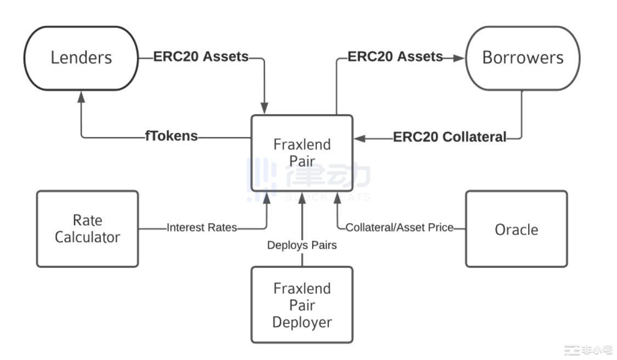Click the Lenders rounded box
[81, 58]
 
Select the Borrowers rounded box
[522, 58]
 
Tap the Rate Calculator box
[87, 229]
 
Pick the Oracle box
[516, 229]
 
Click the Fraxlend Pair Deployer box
[302, 305]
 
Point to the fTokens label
[171, 136]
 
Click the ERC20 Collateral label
[450, 137]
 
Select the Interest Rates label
[202, 227]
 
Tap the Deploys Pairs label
[302, 245]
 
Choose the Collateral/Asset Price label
[399, 227]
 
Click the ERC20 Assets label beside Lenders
[201, 57]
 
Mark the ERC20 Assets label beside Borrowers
[395, 57]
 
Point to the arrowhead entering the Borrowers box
[458, 57]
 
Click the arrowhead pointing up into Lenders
[82, 96]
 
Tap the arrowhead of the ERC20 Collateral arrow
[360, 138]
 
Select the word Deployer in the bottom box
[302, 322]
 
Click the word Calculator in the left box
[87, 238]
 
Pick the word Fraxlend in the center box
[302, 145]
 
